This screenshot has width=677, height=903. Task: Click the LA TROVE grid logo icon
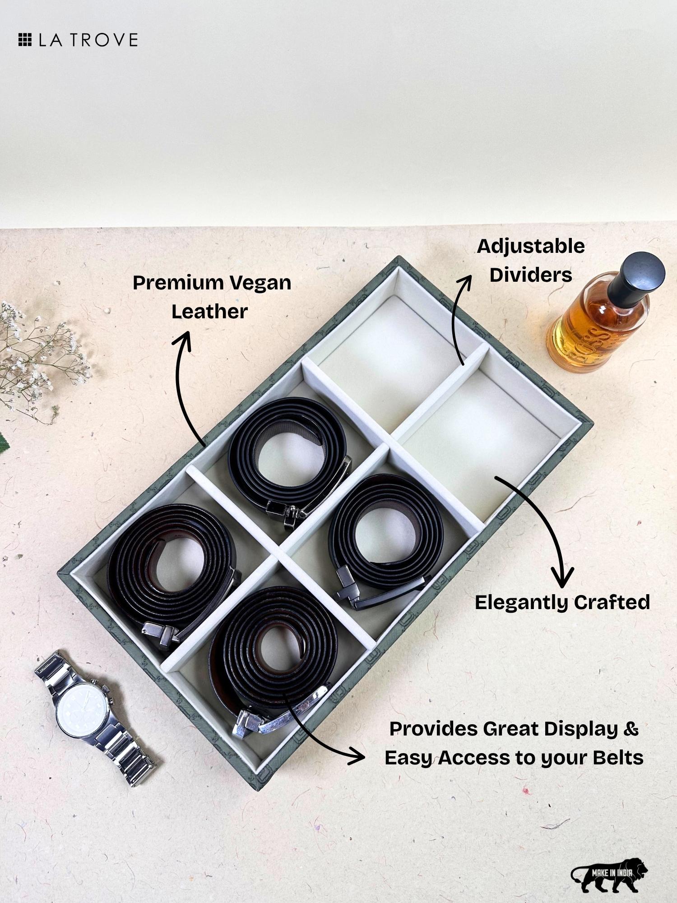point(24,40)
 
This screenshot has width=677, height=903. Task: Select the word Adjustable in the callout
point(531,247)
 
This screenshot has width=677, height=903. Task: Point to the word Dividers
point(531,275)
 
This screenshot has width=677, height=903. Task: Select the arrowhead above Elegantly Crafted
point(562,578)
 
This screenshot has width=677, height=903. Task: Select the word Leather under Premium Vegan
point(209,312)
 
